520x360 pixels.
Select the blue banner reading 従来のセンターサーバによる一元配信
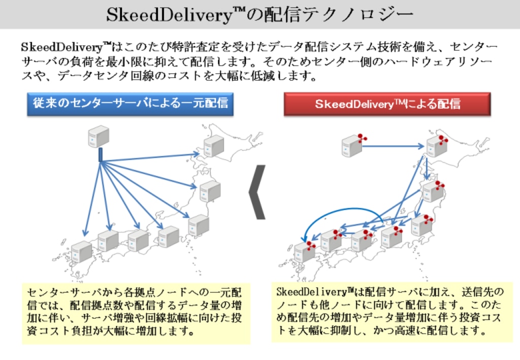pos(130,104)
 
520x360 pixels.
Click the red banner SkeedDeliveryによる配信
pos(387,104)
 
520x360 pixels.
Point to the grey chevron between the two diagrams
pos(257,192)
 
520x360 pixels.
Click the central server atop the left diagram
pos(99,136)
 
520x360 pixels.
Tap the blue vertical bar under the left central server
pos(101,154)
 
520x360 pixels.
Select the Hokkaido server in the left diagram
pos(214,146)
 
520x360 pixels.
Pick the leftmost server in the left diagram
pos(81,252)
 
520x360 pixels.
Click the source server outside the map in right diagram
pos(352,146)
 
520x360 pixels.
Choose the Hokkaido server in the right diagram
pos(436,146)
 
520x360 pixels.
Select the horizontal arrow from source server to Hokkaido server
pos(394,146)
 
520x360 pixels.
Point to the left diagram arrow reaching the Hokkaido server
pos(152,158)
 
